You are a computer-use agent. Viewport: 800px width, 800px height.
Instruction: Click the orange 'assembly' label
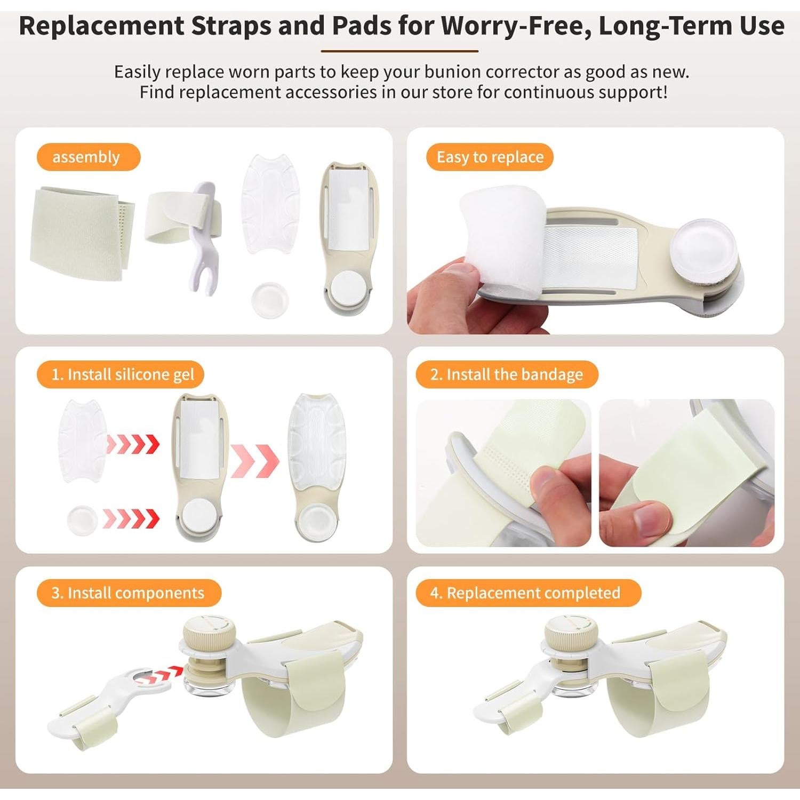(88, 157)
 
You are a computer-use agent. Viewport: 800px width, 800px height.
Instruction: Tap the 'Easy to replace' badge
(490, 157)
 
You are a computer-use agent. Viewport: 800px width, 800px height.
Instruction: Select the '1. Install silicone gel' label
(121, 374)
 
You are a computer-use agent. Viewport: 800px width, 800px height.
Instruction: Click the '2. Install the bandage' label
(507, 374)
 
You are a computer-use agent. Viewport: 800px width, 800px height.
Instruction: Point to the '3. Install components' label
(129, 593)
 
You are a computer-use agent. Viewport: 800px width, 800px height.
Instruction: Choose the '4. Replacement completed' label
(528, 593)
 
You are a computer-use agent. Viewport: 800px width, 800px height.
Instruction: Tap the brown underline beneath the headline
(399, 51)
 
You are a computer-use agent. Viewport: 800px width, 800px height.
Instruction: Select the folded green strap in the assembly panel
(80, 232)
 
